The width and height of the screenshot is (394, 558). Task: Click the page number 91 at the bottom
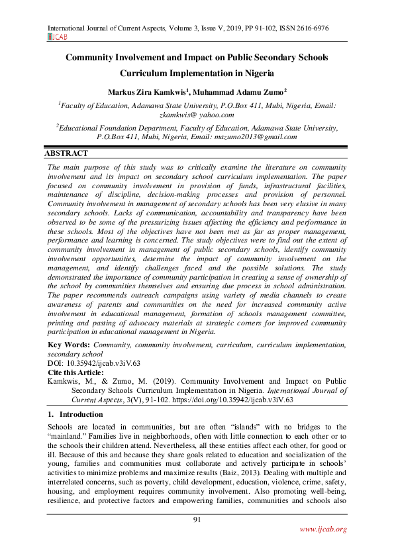coord(197,518)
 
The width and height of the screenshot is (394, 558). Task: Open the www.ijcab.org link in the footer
coord(323,529)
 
